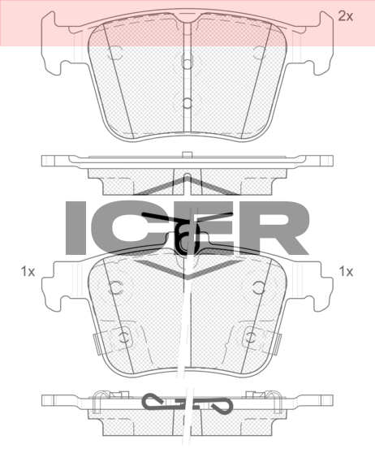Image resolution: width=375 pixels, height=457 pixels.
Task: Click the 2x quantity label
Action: click(x=345, y=16)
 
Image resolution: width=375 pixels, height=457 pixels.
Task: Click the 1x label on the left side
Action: click(x=28, y=272)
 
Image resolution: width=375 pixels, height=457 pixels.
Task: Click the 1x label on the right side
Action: click(x=346, y=272)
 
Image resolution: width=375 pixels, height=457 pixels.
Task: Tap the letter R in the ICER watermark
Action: click(x=279, y=227)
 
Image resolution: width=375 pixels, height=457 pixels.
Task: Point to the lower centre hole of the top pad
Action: click(x=187, y=102)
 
